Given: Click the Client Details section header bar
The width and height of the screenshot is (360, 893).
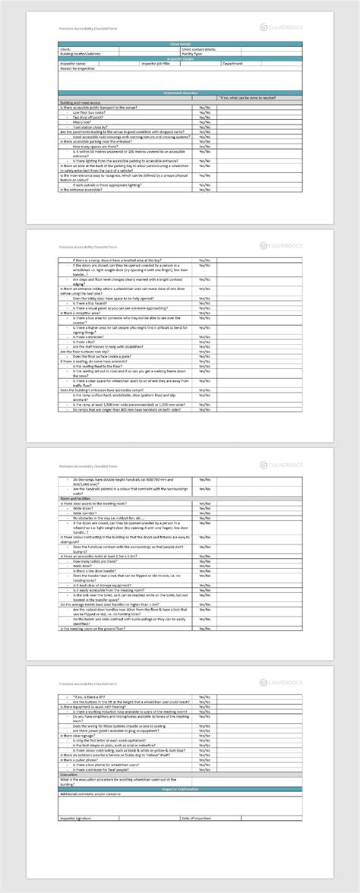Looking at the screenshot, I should coord(180,45).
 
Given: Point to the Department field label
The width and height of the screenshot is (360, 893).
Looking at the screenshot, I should coord(232,64).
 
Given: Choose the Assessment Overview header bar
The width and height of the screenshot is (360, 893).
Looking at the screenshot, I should coord(180,92).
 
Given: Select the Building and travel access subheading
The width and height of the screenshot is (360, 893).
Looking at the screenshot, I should coord(79,102).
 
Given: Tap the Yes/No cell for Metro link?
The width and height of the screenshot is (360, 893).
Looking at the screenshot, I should coord(205,121).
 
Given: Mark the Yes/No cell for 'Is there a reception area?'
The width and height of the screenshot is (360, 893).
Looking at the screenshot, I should coord(205,312).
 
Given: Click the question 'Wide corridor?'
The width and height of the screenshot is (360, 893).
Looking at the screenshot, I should coord(88,513).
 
